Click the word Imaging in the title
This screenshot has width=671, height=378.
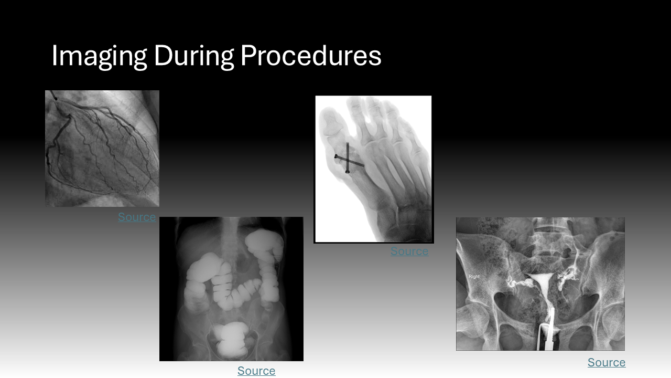[x=99, y=56]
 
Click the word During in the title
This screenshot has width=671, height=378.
[x=194, y=56]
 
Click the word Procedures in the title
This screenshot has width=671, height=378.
[x=311, y=56]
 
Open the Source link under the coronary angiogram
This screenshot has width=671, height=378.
[x=137, y=217]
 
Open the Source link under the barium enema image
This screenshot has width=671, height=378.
[x=256, y=371]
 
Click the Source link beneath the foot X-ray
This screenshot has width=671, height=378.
[x=409, y=251]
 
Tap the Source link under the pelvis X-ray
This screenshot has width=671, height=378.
[x=607, y=362]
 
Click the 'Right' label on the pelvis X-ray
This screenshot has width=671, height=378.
[x=474, y=277]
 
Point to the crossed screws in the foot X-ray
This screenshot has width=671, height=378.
[x=348, y=159]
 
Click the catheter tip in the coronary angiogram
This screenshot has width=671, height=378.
[x=55, y=98]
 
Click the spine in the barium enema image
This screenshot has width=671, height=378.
[x=230, y=240]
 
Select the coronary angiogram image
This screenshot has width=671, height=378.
[x=102, y=149]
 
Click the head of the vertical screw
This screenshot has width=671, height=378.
[x=348, y=172]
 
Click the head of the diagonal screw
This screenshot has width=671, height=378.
[x=336, y=156]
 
